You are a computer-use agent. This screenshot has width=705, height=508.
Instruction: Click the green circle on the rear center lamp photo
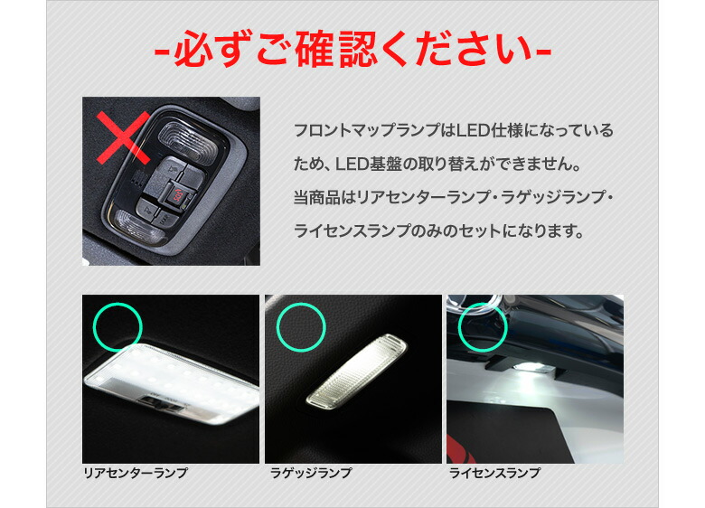tap(119, 323)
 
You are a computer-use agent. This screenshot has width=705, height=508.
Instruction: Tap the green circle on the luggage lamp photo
tap(302, 323)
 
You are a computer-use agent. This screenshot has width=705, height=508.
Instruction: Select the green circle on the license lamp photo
tap(484, 323)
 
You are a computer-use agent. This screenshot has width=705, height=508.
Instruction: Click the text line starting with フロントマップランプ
tap(453, 131)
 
